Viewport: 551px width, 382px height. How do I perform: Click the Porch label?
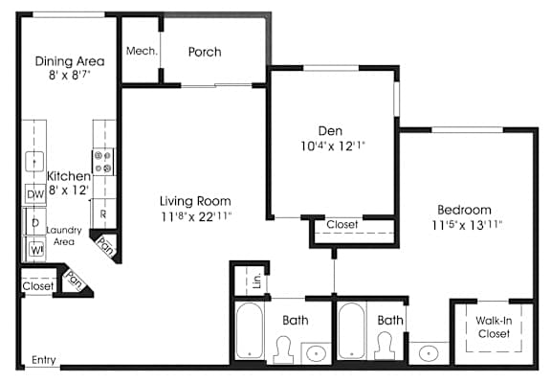coord(205,52)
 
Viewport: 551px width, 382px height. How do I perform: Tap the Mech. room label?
coord(142,51)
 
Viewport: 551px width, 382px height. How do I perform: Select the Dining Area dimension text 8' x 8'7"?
coord(70,75)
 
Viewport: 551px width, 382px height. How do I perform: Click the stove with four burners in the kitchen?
coord(103,162)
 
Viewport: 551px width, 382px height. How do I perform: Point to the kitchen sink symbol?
coord(34,162)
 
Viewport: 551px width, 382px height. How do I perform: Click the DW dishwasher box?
coord(35,194)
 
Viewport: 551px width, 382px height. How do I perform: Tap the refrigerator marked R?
coord(103,213)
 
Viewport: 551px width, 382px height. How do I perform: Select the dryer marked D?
coord(35,222)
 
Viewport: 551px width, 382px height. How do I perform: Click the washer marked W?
coord(35,250)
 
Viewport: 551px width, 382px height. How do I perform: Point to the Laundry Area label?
coord(64,236)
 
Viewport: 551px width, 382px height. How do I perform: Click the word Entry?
coord(44,360)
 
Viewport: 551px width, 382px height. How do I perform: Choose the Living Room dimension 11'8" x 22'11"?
coord(196,216)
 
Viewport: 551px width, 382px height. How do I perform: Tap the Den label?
coord(330,131)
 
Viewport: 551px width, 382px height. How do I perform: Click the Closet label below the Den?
coord(342,224)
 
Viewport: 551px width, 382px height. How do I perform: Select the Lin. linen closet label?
coord(257,281)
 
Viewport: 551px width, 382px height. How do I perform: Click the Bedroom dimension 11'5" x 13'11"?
coord(468,225)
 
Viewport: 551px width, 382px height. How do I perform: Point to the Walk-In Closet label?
coord(494,327)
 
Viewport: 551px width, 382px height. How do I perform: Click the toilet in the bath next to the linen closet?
coord(283,349)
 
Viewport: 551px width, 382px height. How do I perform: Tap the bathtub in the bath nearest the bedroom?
coord(352,330)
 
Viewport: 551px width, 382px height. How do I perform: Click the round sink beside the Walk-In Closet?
coord(429,353)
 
